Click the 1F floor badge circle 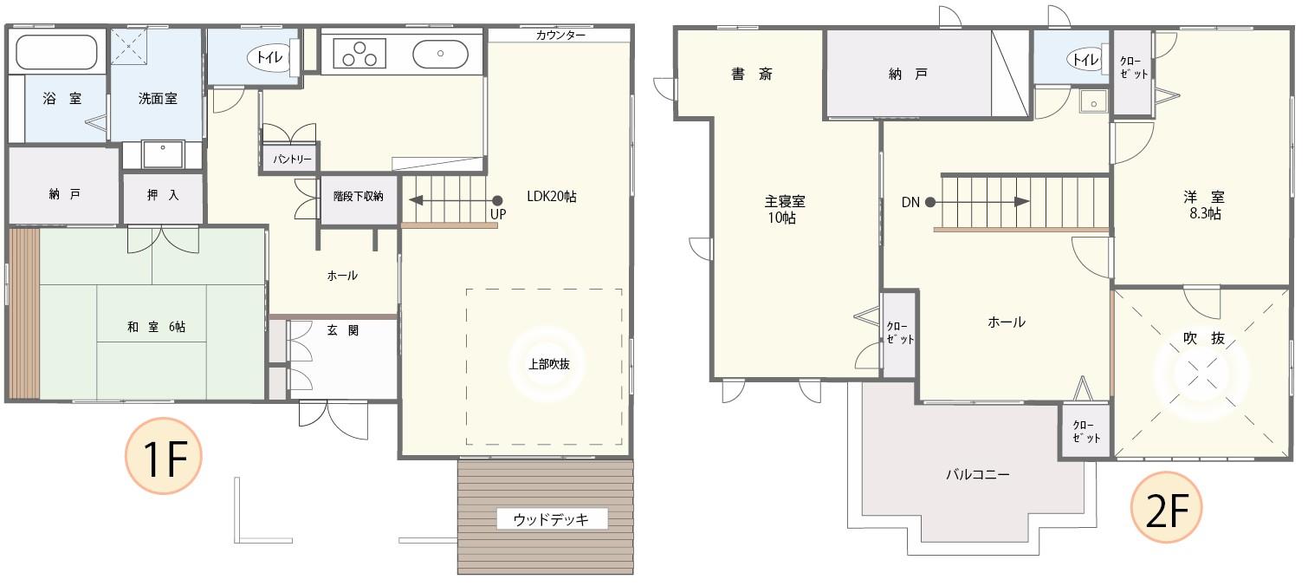click(164, 459)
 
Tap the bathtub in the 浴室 click(56, 52)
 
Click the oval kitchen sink click(440, 54)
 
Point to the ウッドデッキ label click(551, 519)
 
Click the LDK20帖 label click(551, 197)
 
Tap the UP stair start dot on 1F click(497, 199)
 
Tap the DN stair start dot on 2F click(929, 202)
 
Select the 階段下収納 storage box click(359, 198)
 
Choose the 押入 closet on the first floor click(163, 196)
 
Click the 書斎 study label click(751, 75)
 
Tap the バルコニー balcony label click(977, 474)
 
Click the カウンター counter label click(560, 36)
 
